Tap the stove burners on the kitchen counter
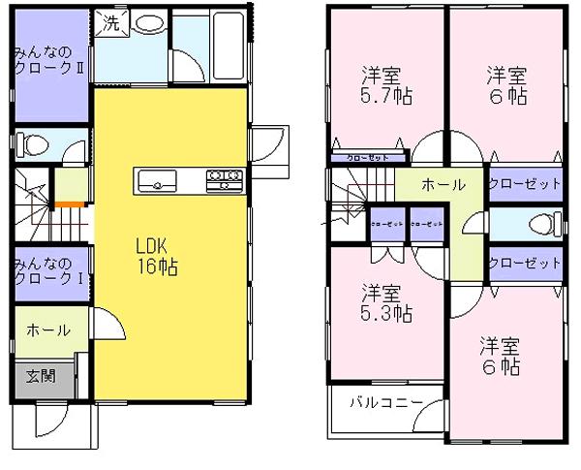click(x=224, y=179)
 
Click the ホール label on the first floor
click(x=46, y=329)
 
